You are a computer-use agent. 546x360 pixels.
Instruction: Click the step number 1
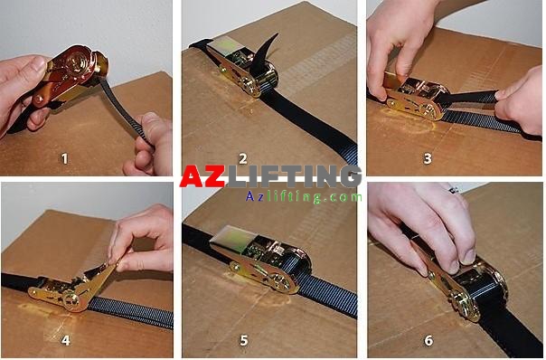[64, 159]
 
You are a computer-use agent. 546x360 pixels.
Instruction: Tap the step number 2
[243, 159]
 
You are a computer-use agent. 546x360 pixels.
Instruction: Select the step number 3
[428, 159]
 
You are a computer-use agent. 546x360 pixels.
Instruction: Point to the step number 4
[65, 340]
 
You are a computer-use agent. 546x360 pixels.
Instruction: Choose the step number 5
[244, 340]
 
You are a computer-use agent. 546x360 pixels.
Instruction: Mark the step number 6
[428, 340]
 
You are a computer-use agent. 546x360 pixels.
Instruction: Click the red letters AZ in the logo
[202, 176]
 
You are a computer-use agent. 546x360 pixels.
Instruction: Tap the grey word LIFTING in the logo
[294, 176]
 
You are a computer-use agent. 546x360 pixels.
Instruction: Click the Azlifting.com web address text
[304, 197]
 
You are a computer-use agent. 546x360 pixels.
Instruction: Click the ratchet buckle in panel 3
[414, 98]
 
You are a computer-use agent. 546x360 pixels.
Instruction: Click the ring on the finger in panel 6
[453, 190]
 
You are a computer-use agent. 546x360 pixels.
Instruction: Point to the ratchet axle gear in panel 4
[71, 299]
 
